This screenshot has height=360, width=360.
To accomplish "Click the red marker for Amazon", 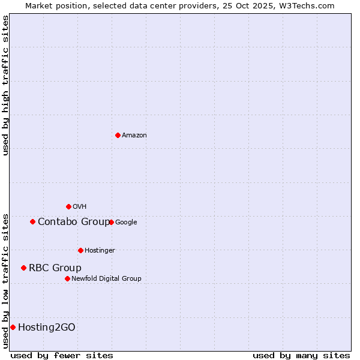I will pos(118,135).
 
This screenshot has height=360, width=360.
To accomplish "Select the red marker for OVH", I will pos(68,206).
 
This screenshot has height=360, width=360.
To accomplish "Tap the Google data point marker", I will pos(111,222).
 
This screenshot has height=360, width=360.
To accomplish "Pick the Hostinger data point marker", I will pos(80,250).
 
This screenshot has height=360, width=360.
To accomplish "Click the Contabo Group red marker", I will pos(32,222).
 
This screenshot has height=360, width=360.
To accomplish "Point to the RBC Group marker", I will pos(23,268).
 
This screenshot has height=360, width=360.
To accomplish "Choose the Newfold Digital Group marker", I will pos(67,278).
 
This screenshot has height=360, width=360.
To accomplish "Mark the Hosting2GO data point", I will pos(13,327).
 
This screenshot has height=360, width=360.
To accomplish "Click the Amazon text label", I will pos(134,136).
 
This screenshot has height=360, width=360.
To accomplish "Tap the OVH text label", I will pos(79,207).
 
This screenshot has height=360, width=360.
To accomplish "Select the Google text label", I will pos(126,223).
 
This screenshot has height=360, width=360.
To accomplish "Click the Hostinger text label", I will pos(100,251).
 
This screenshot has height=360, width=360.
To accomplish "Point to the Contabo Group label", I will pos(74,222).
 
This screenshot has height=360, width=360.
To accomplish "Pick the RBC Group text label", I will pos(55,268).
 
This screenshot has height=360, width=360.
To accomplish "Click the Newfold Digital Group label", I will pos(106,279).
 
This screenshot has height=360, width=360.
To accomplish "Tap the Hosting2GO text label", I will pos(47,328).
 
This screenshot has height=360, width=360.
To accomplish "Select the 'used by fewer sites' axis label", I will pos(62,355).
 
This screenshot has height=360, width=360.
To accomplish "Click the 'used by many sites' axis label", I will pos(301,355).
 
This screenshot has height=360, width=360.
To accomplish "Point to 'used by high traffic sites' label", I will pos(5,85).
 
